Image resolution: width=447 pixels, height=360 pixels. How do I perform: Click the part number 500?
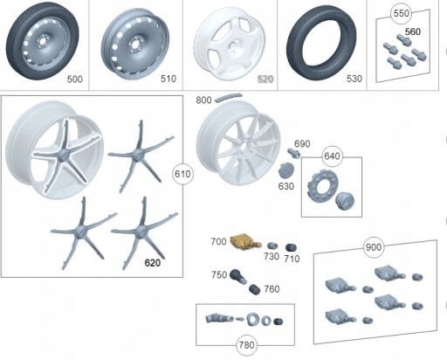coord(75,80)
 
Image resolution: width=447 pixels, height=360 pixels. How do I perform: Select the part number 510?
coord(168,80)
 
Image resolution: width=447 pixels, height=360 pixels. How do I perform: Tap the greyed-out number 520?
coord(265,80)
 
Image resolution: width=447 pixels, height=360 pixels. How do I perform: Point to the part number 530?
coord(354,80)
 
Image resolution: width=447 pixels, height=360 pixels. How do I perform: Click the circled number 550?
coord(401,15)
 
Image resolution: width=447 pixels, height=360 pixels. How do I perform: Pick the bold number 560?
coord(412,31)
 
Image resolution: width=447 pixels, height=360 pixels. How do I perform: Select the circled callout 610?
coord(182,174)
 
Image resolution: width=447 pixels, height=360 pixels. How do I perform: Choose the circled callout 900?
coord(374,248)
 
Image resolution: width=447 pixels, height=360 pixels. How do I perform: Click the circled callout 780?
coord(247,344)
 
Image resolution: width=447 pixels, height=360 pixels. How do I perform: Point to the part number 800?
coord(204,101)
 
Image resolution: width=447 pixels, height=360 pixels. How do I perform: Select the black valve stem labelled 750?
coord(237,278)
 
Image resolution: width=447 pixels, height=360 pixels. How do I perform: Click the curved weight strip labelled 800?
coord(230,100)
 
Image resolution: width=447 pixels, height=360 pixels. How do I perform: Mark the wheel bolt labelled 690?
coord(293,153)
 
